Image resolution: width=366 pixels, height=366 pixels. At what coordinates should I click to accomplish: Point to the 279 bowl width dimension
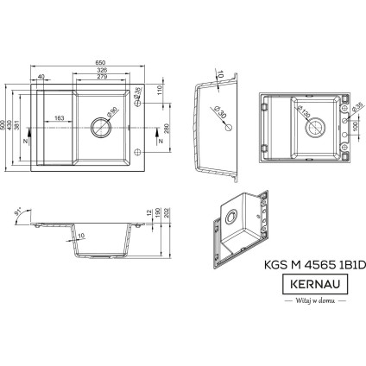pyautogui.click(x=103, y=78)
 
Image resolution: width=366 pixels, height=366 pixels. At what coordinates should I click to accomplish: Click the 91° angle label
pyautogui.click(x=19, y=211)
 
